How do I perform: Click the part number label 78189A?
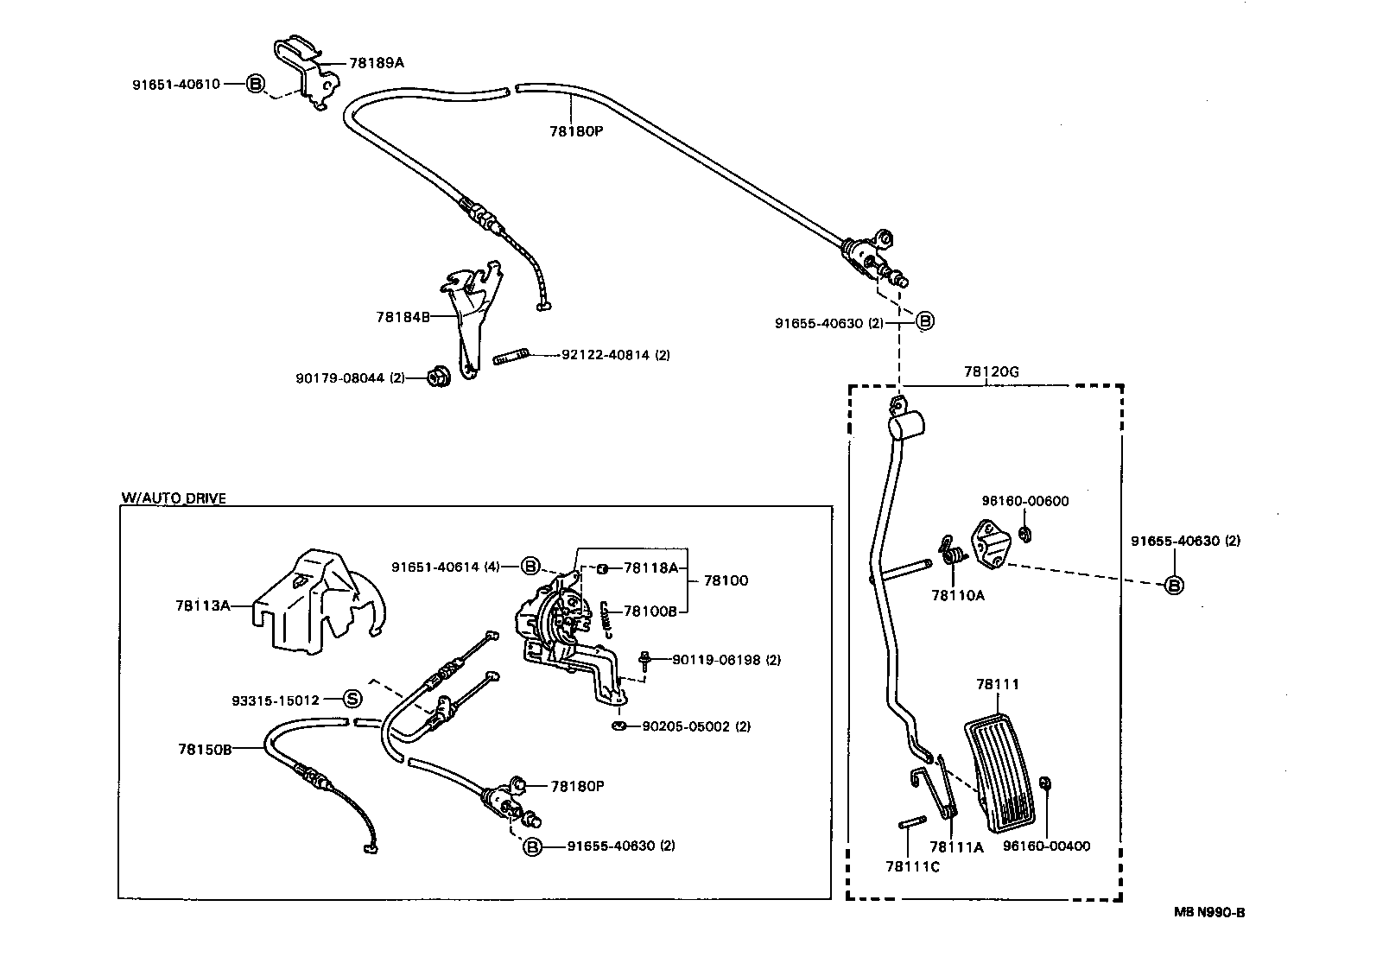[x=377, y=63]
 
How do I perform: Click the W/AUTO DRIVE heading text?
[x=174, y=498]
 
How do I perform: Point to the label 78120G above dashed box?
[x=992, y=372]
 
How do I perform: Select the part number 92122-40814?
[x=604, y=354]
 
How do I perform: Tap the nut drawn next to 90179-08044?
[x=436, y=377]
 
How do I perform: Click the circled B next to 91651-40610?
[x=256, y=84]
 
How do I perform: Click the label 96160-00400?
[x=1046, y=846]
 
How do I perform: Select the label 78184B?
[x=403, y=317]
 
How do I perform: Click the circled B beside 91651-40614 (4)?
[x=530, y=567]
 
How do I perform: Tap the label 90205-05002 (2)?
[x=696, y=726]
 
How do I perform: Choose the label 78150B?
[x=206, y=749]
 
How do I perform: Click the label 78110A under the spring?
[x=957, y=595]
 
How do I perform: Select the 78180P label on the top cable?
[x=576, y=131]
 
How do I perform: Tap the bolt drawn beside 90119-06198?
[x=644, y=661]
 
